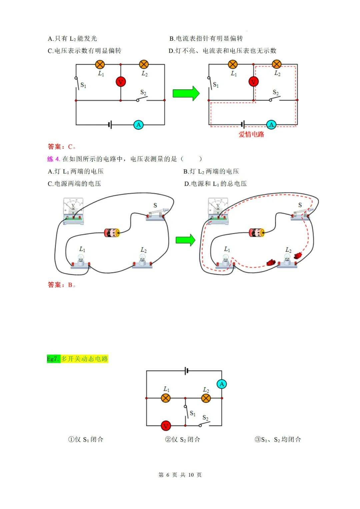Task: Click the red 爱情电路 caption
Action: point(251,134)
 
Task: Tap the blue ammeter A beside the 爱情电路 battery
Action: point(271,125)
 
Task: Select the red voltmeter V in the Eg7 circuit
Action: point(166,426)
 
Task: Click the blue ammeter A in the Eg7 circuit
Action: point(222,384)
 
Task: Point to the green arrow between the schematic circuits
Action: point(186,93)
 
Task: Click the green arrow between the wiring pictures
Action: point(185,240)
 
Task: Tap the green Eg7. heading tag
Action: point(53,359)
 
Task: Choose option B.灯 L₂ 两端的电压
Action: point(211,171)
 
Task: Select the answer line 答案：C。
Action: point(62,147)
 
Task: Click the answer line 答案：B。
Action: point(62,285)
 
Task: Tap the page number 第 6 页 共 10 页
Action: point(180,475)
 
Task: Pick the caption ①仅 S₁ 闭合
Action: point(86,439)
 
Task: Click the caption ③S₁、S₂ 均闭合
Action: point(278,439)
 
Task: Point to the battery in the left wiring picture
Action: point(112,232)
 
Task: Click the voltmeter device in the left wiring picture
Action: point(73,211)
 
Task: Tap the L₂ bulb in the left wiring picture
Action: point(142,260)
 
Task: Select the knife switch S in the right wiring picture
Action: point(302,213)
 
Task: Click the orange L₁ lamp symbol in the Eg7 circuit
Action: point(166,398)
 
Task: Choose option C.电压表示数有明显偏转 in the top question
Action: point(85,51)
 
